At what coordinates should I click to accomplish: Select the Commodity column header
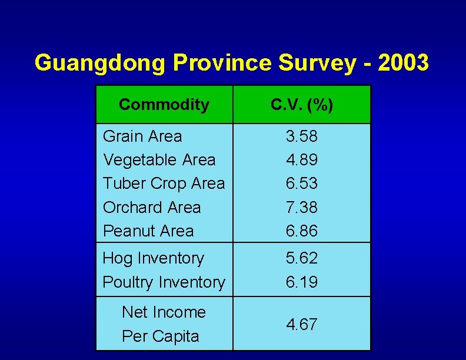pyautogui.click(x=164, y=105)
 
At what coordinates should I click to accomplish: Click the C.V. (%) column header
pyautogui.click(x=302, y=105)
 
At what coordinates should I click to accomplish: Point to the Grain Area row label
pyautogui.click(x=142, y=136)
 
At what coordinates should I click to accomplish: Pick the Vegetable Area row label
pyautogui.click(x=159, y=159)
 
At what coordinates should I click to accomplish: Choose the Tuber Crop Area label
pyautogui.click(x=164, y=184)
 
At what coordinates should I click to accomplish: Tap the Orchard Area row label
pyautogui.click(x=152, y=207)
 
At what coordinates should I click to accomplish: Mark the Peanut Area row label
pyautogui.click(x=148, y=231)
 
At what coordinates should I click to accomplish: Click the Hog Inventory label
pyautogui.click(x=153, y=258)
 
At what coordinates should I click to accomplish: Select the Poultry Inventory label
pyautogui.click(x=164, y=282)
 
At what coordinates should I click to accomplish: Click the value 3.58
pyautogui.click(x=302, y=136)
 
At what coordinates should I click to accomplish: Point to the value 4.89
pyautogui.click(x=302, y=159)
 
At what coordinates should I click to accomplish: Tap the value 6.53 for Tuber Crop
pyautogui.click(x=302, y=184)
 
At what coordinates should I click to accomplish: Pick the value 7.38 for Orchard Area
pyautogui.click(x=302, y=207)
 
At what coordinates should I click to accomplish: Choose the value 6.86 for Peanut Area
pyautogui.click(x=302, y=231)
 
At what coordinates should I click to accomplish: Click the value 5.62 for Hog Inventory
pyautogui.click(x=302, y=258)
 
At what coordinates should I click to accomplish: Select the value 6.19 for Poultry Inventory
pyautogui.click(x=302, y=282)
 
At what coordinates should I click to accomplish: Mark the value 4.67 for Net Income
pyautogui.click(x=302, y=324)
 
